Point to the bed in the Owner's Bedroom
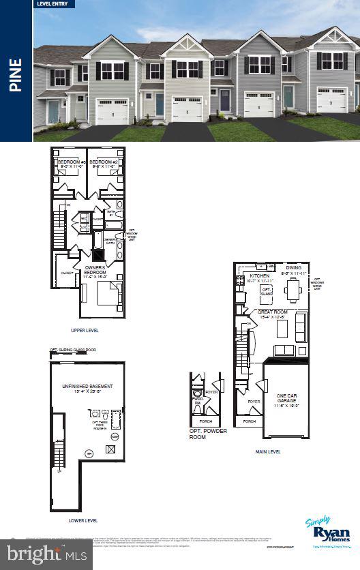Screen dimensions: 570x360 coord(109,295)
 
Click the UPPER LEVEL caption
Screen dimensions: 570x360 coord(85,330)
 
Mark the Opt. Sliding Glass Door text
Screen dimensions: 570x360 coord(73,350)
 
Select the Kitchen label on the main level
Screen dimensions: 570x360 coord(259,277)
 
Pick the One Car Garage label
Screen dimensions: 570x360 coord(286,397)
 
